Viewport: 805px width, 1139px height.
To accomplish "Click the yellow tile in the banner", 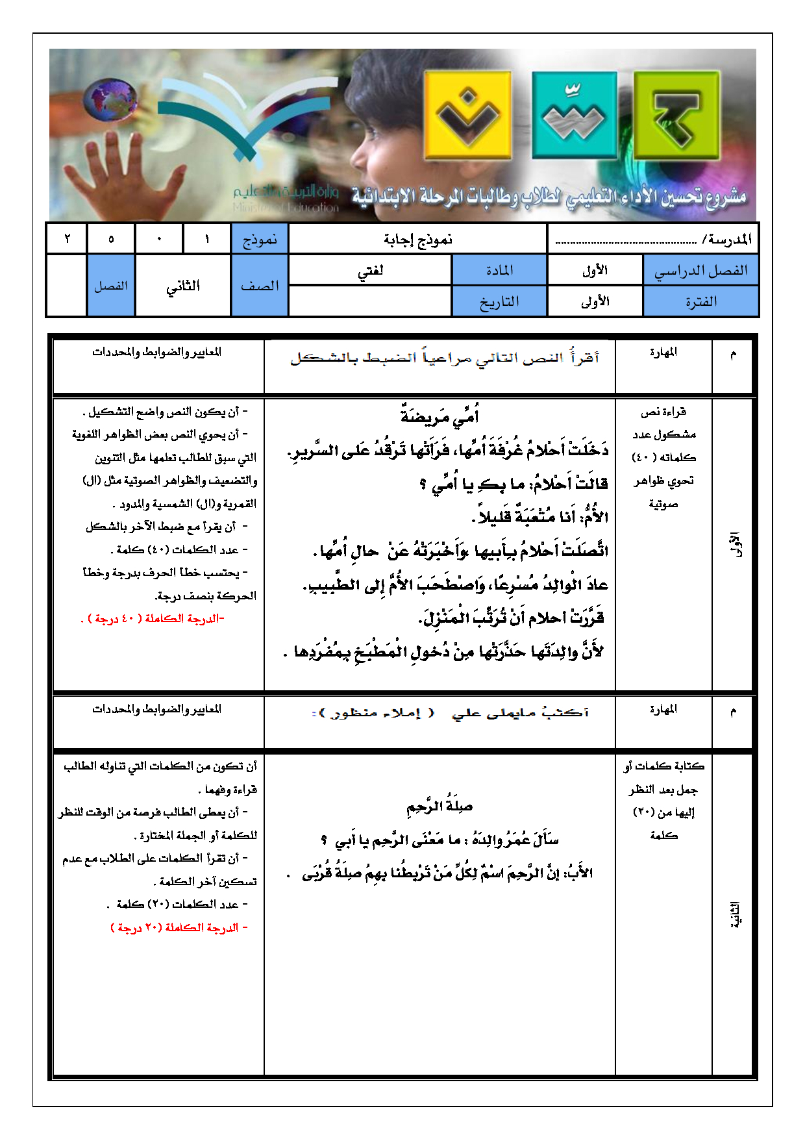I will (x=467, y=116).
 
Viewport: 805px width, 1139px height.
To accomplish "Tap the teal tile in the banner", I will (x=574, y=116).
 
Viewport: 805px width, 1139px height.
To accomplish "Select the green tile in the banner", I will (x=676, y=116).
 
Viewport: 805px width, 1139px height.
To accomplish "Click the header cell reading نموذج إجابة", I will (x=417, y=240).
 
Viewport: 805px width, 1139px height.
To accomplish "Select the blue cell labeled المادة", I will (x=499, y=270).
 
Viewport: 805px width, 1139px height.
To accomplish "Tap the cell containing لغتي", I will (x=370, y=270).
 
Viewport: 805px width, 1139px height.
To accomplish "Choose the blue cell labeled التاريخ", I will (x=499, y=301).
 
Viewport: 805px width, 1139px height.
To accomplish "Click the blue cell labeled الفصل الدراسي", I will (x=700, y=270).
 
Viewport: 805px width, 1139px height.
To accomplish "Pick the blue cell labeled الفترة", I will (x=700, y=301).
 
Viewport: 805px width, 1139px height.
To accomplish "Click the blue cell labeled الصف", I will (x=260, y=286).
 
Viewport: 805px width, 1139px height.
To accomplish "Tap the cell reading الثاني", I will (x=183, y=286).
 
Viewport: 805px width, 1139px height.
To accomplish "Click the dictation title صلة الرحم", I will (x=440, y=807).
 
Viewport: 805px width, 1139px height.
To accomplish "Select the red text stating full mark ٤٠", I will (x=153, y=619).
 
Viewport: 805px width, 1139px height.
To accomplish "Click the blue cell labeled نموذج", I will (x=260, y=240).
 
